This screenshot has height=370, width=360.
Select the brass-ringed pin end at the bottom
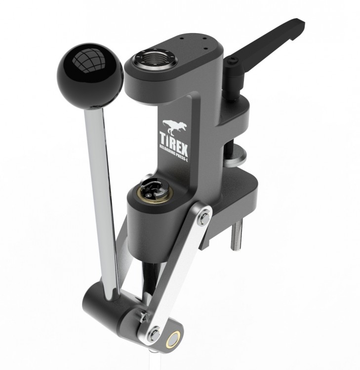pos(173,341)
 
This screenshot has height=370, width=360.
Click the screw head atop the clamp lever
pos(232,62)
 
